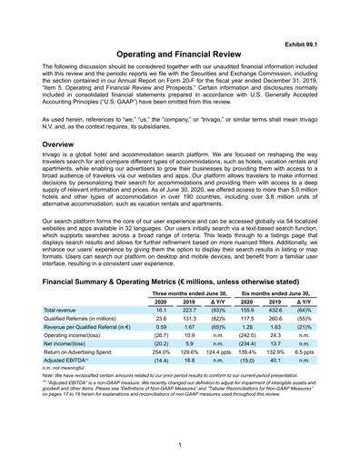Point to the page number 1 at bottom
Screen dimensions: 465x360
[180, 444]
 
